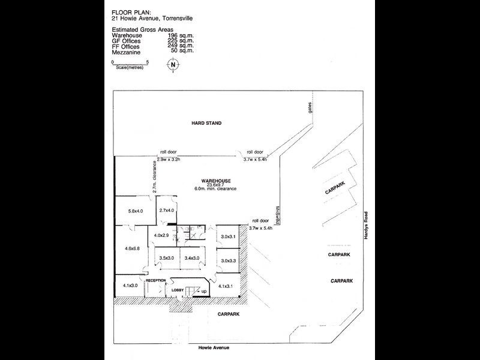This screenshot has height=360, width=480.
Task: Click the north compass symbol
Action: click(x=173, y=66)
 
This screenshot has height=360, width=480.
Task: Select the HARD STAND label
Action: click(x=206, y=123)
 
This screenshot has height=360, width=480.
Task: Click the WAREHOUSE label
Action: click(x=215, y=179)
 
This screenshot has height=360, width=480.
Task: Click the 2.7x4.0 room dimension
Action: click(x=166, y=211)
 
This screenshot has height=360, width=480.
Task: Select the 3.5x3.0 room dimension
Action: click(x=167, y=259)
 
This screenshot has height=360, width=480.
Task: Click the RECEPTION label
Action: click(x=155, y=280)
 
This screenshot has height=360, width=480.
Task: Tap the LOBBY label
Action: click(x=178, y=290)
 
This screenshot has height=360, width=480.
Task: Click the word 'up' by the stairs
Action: click(x=204, y=291)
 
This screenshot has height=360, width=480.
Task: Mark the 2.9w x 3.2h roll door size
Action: click(x=169, y=159)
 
